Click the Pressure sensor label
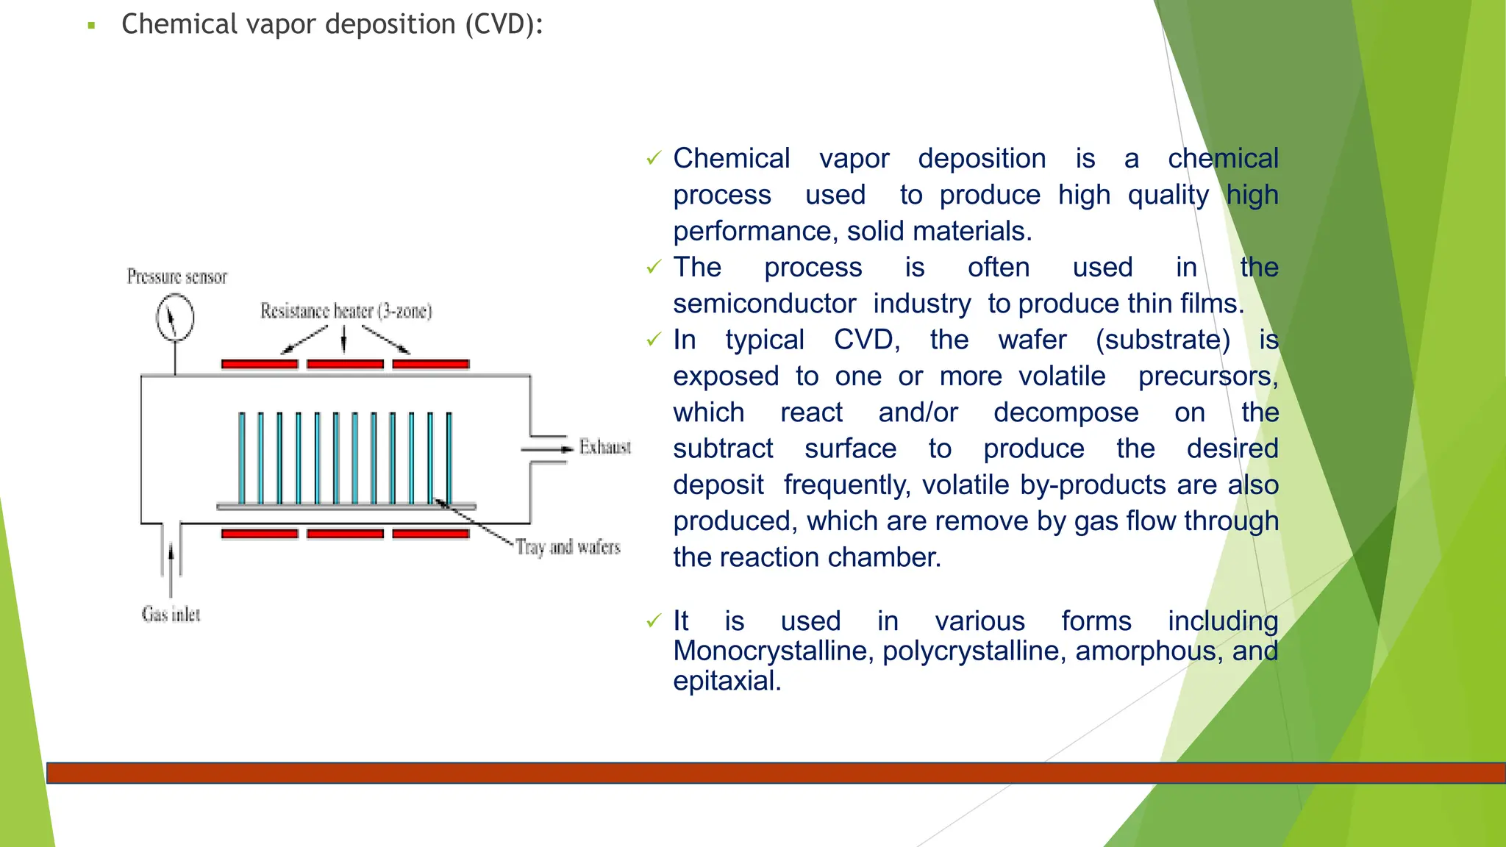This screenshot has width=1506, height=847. click(177, 276)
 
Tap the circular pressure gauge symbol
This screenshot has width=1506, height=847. click(175, 318)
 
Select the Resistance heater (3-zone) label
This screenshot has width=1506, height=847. click(346, 311)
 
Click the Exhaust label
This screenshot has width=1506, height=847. click(604, 447)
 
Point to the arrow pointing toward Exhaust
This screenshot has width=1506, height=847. click(547, 448)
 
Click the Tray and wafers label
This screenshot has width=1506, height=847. click(568, 547)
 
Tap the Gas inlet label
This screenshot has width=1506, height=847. click(171, 614)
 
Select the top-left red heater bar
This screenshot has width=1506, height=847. click(260, 364)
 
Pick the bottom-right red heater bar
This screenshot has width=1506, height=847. click(431, 534)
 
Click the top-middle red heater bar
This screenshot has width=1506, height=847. click(345, 364)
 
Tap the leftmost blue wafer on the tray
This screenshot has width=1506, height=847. click(242, 457)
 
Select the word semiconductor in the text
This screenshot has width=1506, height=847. click(765, 304)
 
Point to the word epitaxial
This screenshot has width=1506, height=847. click(727, 681)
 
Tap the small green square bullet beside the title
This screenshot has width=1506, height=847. click(92, 26)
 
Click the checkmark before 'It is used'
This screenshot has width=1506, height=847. click(654, 621)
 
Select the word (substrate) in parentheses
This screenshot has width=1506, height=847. click(1163, 340)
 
